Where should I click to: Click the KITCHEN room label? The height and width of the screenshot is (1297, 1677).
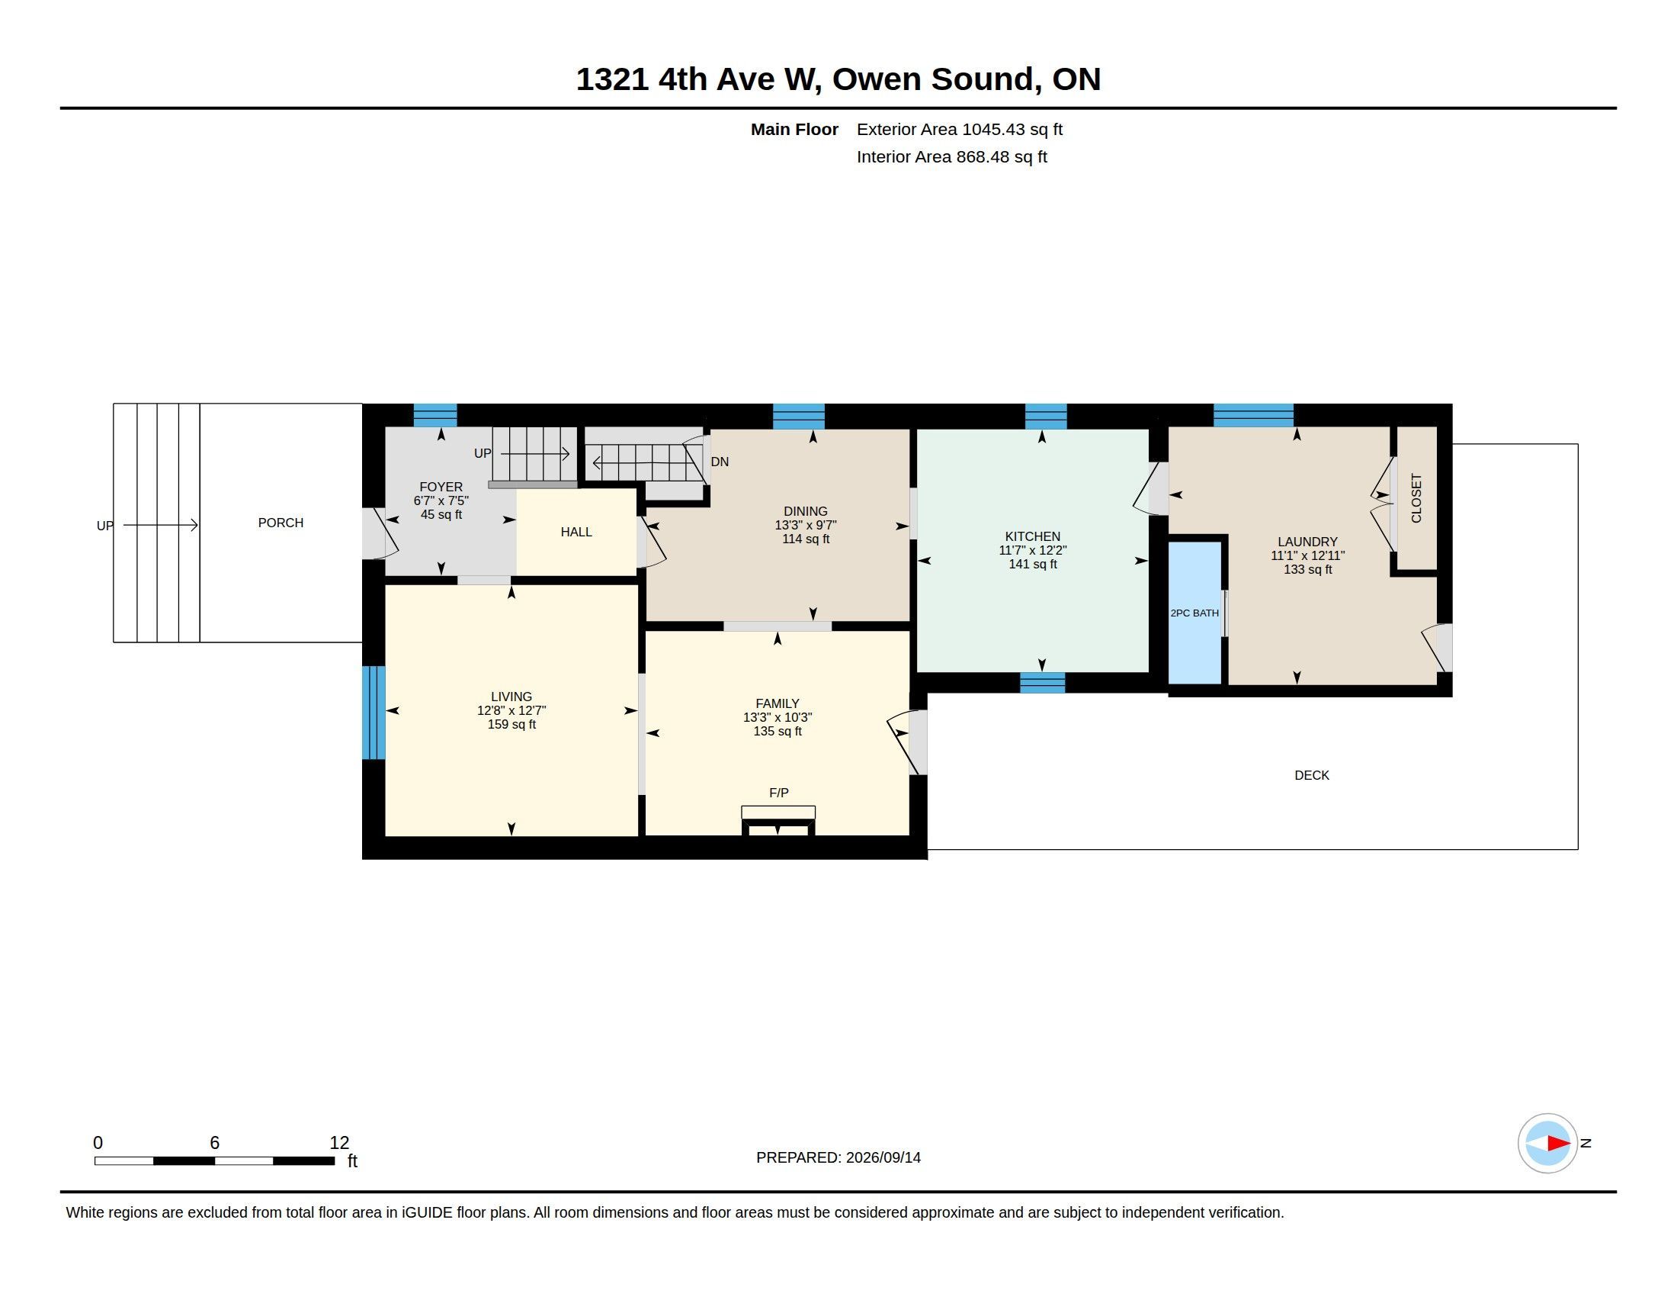1032,536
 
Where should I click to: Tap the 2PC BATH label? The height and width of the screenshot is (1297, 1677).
1194,613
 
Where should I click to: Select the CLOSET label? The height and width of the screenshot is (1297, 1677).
1417,498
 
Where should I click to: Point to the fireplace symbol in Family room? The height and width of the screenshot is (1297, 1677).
778,821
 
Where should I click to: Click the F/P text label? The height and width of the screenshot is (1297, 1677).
778,793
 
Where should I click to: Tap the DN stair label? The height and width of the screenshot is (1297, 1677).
720,462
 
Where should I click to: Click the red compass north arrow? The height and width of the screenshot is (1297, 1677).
1558,1144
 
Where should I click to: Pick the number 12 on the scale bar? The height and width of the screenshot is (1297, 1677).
339,1143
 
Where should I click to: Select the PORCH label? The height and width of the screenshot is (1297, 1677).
281,523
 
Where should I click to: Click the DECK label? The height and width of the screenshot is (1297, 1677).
1312,775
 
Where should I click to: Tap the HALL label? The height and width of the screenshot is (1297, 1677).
576,532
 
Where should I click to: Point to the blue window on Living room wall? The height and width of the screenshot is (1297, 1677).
374,713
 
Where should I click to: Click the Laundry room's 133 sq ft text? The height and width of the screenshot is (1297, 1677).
1307,569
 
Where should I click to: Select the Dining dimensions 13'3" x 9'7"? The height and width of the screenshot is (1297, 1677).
806,525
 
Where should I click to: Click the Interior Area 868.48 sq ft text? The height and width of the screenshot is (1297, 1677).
951,156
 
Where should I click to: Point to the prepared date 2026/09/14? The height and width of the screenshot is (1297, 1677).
883,1157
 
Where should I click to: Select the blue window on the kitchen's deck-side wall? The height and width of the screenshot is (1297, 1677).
1042,683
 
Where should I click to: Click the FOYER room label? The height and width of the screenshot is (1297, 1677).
441,488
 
